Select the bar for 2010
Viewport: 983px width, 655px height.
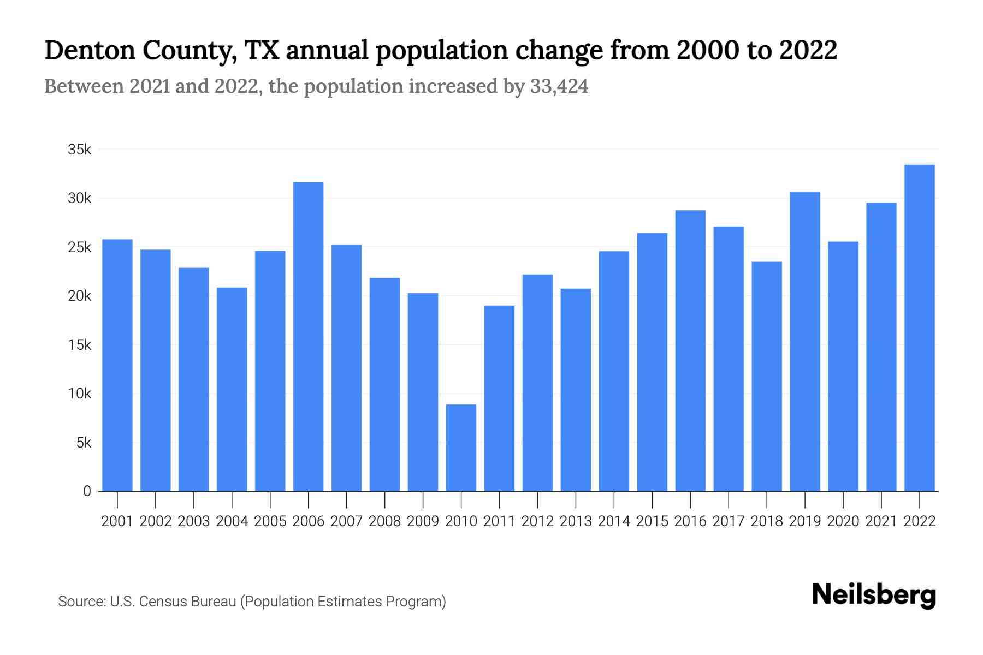pyautogui.click(x=461, y=448)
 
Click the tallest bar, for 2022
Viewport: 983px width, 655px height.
pyautogui.click(x=919, y=327)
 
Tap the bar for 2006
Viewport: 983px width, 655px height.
pyautogui.click(x=308, y=336)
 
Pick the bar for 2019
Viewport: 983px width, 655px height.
pyautogui.click(x=804, y=341)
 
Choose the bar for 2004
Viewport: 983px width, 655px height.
pyautogui.click(x=232, y=389)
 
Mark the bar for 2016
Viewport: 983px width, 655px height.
pyautogui.click(x=690, y=350)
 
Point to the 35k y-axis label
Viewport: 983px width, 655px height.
pyautogui.click(x=80, y=150)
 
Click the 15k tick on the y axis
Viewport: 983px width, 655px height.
pyautogui.click(x=80, y=345)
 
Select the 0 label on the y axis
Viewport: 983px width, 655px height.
pyautogui.click(x=87, y=491)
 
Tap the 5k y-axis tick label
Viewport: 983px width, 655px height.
pyautogui.click(x=83, y=443)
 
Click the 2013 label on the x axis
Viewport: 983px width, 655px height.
pyautogui.click(x=576, y=521)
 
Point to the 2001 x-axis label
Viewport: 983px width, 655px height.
pyautogui.click(x=117, y=521)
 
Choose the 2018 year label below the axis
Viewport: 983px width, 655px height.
pyautogui.click(x=766, y=521)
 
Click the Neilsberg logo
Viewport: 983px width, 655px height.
pyautogui.click(x=873, y=595)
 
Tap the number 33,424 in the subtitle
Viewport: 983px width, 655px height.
pyautogui.click(x=559, y=86)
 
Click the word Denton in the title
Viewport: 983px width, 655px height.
pyautogui.click(x=90, y=50)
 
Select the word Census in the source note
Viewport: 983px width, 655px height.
pyautogui.click(x=161, y=602)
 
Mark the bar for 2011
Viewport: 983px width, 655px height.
pyautogui.click(x=499, y=398)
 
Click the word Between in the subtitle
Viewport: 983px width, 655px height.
pyautogui.click(x=84, y=86)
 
